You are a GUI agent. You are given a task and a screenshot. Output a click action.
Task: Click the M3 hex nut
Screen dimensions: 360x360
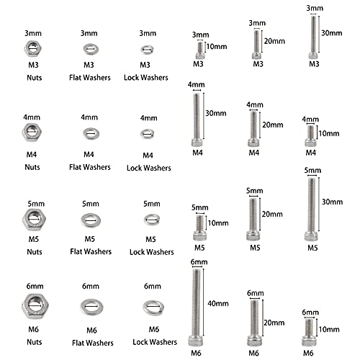click(x=32, y=48)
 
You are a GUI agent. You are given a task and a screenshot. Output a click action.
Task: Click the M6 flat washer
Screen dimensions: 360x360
click(x=90, y=306)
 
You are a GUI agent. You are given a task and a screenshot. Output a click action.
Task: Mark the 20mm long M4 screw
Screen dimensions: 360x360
click(x=253, y=126)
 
